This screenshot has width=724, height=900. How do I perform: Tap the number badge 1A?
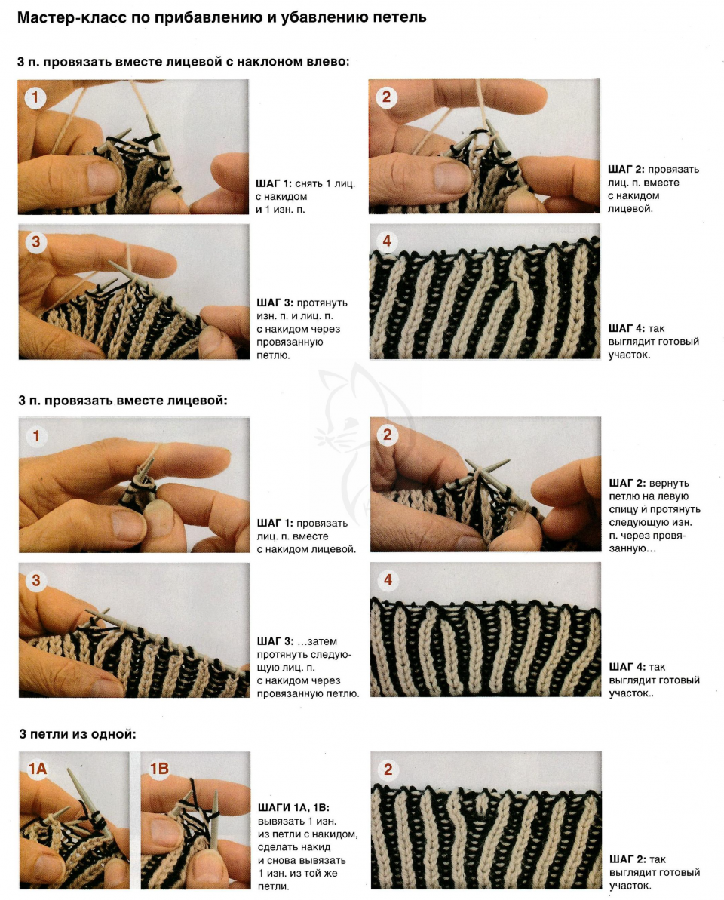click(38, 768)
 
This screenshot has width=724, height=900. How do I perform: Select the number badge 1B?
click(159, 768)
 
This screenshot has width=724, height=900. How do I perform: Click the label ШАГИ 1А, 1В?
click(293, 808)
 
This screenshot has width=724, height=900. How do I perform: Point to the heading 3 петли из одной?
click(78, 733)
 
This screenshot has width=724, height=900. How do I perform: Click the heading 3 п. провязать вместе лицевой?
click(123, 401)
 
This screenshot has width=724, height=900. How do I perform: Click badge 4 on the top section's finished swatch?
click(387, 241)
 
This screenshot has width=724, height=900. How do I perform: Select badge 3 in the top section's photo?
click(35, 241)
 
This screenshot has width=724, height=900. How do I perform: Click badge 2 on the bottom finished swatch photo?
click(388, 769)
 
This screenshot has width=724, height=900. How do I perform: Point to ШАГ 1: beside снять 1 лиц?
click(274, 183)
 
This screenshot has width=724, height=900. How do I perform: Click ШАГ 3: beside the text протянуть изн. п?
click(275, 303)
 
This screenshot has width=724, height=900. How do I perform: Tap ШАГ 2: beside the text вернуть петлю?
click(627, 484)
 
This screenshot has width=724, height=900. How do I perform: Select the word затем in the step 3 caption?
click(321, 641)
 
